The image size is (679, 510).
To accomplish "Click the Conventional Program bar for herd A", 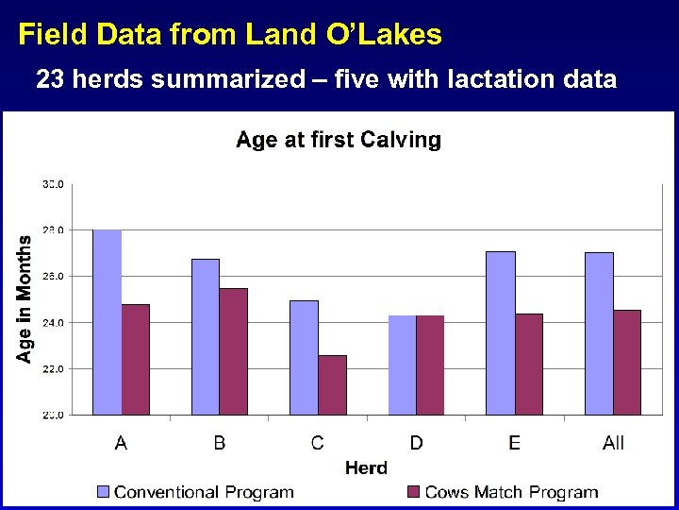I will (108, 322).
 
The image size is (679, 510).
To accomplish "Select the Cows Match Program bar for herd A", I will (136, 359).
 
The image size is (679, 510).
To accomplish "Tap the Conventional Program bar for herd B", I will (206, 336).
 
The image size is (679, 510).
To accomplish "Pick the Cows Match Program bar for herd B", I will (234, 351).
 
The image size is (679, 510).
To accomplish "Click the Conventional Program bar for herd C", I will (304, 357).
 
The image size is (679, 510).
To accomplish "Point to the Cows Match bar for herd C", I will (332, 384).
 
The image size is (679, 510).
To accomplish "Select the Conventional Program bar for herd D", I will (403, 365).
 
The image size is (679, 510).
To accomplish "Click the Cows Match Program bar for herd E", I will (529, 364).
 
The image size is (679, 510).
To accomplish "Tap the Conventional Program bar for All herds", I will (599, 333).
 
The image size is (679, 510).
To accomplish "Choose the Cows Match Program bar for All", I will (627, 362).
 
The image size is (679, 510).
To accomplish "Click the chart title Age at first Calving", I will (338, 140).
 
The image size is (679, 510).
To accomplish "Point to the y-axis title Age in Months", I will (25, 298).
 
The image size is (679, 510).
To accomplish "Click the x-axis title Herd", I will (366, 467).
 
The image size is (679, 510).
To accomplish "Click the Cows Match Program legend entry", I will (502, 492).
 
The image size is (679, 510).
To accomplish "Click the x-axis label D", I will (416, 442).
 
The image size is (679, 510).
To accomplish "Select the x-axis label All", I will (613, 442).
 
